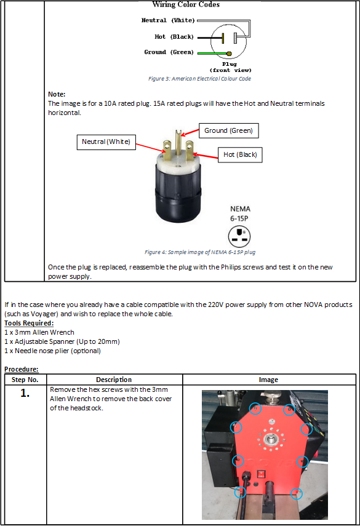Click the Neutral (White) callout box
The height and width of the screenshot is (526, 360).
(x=106, y=142)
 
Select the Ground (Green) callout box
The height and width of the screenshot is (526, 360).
(x=228, y=130)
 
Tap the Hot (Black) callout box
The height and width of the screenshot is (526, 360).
(x=240, y=154)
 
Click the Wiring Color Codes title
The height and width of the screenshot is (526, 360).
(x=186, y=4)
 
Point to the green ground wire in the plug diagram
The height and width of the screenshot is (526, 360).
(x=213, y=53)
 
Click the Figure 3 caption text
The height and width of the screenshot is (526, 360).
(x=199, y=79)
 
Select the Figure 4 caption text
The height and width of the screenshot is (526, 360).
(x=200, y=252)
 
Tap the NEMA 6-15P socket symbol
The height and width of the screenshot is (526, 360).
(x=239, y=236)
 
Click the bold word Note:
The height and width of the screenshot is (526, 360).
(x=57, y=94)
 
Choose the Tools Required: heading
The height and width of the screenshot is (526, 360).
(x=29, y=323)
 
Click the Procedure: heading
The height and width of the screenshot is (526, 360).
(x=22, y=369)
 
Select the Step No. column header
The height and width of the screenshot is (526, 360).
(x=25, y=380)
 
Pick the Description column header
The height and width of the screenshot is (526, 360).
(x=114, y=380)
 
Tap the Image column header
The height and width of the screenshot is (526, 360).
(x=268, y=380)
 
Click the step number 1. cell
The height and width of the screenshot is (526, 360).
(x=25, y=393)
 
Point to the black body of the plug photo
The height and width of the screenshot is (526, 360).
(x=178, y=194)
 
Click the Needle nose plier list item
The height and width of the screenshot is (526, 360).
(x=58, y=351)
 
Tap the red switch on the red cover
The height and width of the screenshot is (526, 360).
(x=262, y=474)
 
